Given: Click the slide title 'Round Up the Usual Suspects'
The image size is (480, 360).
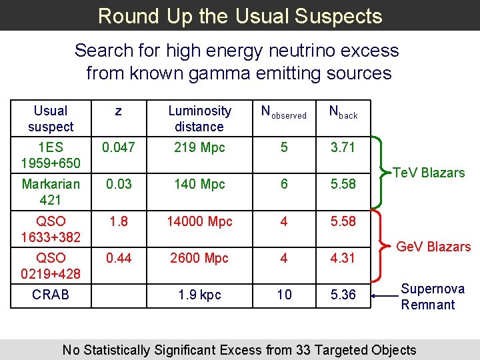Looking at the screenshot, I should tap(240, 15).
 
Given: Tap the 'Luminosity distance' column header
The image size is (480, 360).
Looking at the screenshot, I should tap(199, 119).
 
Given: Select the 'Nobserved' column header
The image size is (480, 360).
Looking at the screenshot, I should tap(284, 113).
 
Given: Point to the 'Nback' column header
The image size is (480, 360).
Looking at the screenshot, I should tap(343, 113).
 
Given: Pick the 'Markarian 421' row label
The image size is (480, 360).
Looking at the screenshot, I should tap(51, 191).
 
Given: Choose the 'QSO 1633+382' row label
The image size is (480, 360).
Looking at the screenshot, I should tap(51, 229).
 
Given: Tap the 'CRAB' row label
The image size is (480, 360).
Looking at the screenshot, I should tap(51, 294).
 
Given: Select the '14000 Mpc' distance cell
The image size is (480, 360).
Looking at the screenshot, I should tap(199, 221).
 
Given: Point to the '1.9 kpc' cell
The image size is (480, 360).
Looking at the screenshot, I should tap(199, 294).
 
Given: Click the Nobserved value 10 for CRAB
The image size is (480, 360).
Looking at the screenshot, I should tap(284, 294).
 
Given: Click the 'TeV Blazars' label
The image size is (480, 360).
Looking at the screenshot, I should tap(429, 173).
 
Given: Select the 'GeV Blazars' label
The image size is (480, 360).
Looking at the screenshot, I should tap(433, 247).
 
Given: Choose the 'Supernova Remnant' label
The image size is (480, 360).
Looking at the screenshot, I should tap(432, 297).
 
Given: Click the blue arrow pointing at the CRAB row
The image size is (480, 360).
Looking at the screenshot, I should tap(385, 294).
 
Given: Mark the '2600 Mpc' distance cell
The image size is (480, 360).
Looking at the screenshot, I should tap(199, 258).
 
